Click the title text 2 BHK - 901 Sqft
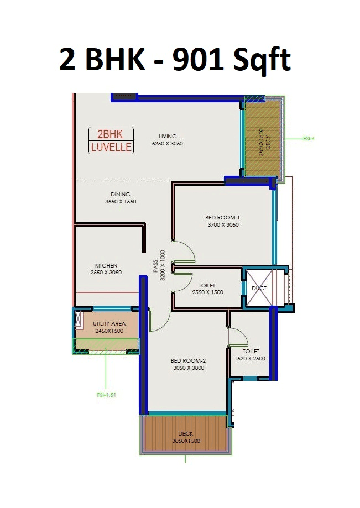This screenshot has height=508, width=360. (175, 60)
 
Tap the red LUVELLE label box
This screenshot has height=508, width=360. (111, 148)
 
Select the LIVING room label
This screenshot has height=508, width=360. (167, 136)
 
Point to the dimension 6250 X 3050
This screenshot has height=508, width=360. (167, 144)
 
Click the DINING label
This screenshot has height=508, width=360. (120, 194)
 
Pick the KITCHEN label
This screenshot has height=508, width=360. (106, 265)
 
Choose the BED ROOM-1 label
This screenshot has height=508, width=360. (223, 217)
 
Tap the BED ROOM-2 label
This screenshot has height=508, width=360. (189, 360)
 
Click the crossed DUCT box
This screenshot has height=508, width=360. (259, 288)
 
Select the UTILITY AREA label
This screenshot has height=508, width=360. (109, 323)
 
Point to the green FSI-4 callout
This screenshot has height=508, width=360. (308, 138)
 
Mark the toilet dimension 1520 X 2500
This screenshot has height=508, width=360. (251, 359)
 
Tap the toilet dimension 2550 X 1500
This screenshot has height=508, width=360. (207, 292)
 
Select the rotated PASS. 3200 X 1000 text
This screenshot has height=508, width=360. (159, 266)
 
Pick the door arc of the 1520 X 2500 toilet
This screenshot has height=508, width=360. (239, 337)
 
